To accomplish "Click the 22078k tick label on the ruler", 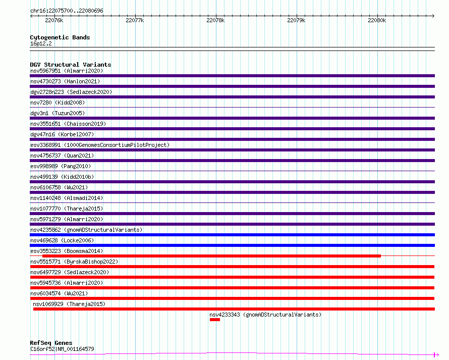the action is tap(215, 20).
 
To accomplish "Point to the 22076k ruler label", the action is tap(54, 20).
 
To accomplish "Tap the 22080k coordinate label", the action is tap(377, 20).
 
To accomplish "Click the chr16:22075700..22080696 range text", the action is tap(67, 11).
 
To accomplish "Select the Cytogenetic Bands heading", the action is tap(60, 37).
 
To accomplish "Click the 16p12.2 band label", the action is tap(41, 43).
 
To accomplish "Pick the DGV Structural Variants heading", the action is tap(71, 65).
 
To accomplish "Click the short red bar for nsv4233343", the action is tap(215, 320).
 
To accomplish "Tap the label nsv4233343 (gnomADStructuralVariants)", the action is tap(265, 315).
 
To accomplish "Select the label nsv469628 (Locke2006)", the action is tap(62, 240).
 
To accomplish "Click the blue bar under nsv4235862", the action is tap(232, 235).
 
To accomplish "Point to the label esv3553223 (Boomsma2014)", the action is tap(67, 251).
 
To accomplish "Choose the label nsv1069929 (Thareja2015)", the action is tap(69, 304).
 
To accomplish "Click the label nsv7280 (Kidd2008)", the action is tap(58, 102).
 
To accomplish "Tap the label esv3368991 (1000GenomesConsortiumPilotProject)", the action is tap(100, 145).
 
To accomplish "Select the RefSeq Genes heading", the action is tap(51, 343).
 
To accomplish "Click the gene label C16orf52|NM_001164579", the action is tap(62, 349).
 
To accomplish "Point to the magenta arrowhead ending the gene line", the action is tap(436, 355).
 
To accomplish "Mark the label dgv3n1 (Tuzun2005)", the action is tap(58, 113).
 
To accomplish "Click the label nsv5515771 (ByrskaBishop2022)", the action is tap(74, 262).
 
